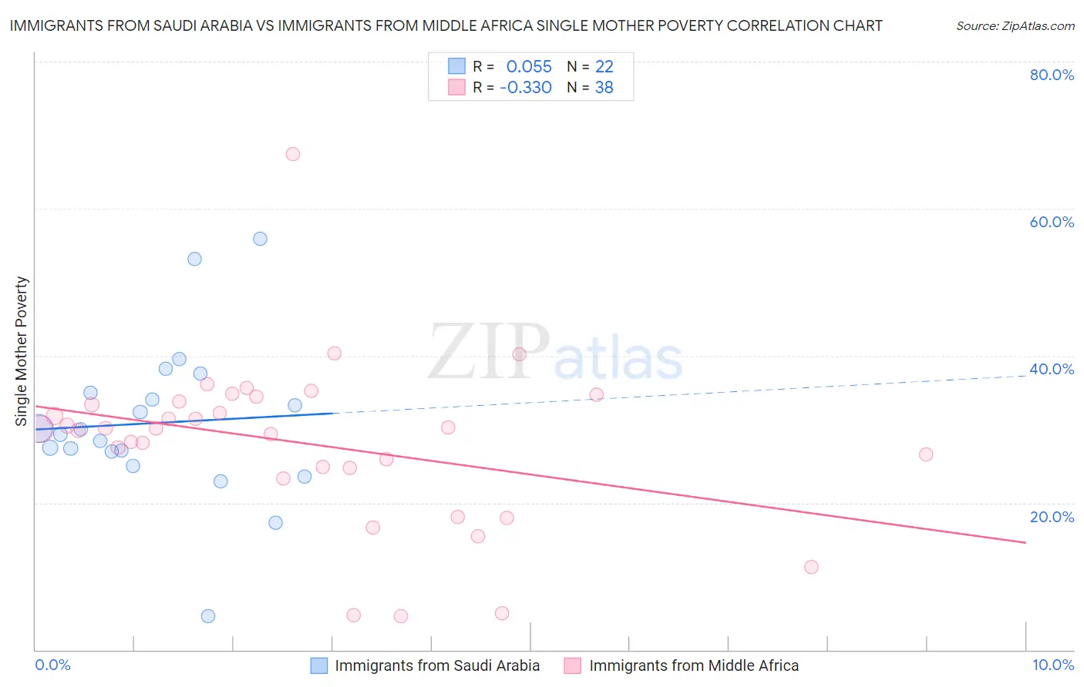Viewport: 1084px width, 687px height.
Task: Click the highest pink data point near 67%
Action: (293, 154)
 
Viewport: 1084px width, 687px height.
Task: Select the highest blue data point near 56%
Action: (261, 239)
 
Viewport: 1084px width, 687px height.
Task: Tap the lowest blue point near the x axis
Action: (208, 616)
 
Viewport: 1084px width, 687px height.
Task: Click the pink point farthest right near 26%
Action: (926, 454)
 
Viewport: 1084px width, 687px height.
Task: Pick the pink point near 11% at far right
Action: (811, 567)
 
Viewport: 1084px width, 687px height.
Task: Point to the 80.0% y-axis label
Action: (1052, 75)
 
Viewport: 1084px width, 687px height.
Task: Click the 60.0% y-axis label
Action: (1052, 222)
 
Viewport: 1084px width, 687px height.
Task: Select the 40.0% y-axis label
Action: (1052, 369)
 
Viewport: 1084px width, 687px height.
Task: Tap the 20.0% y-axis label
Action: (1052, 517)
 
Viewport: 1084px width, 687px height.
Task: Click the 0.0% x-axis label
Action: (53, 665)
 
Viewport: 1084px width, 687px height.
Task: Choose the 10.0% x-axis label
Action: (1052, 665)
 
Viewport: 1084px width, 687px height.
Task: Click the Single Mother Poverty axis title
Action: (22, 351)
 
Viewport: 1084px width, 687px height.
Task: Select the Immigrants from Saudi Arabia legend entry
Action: (437, 665)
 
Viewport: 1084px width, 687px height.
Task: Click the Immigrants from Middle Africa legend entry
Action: (694, 665)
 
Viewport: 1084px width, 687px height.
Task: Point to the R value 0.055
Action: (529, 67)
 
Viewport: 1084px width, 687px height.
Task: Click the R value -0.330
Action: (526, 88)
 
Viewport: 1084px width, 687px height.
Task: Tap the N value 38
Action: (604, 88)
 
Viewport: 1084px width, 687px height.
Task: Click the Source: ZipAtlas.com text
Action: (1015, 26)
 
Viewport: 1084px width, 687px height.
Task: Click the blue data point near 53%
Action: (195, 259)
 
